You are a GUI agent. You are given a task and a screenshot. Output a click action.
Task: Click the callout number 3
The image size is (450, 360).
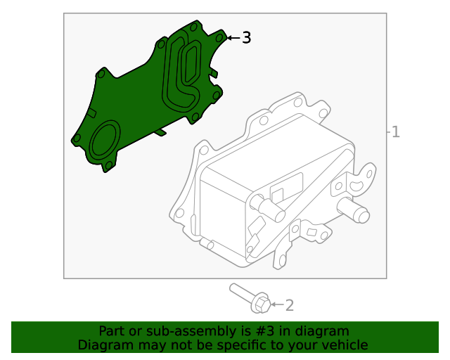246,38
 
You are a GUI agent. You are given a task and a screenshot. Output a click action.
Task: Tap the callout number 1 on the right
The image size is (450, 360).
396,131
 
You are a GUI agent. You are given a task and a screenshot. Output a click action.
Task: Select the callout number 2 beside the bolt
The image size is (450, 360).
289,305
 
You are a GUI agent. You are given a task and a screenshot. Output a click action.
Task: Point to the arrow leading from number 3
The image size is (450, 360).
233,38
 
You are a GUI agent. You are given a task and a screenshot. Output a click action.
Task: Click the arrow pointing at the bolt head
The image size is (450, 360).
276,305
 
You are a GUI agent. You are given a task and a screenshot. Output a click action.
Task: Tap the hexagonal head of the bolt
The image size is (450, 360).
260,304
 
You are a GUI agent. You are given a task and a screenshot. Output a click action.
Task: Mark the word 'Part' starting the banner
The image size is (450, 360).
112,331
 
